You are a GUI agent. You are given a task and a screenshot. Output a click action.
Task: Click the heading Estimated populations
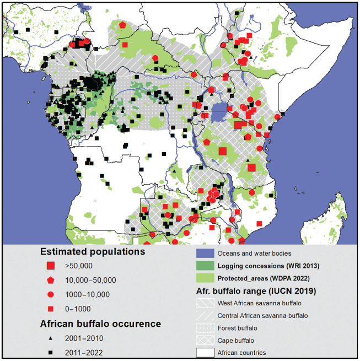[x=92, y=252]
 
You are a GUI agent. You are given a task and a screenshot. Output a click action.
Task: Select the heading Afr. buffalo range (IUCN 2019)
[x=259, y=290]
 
